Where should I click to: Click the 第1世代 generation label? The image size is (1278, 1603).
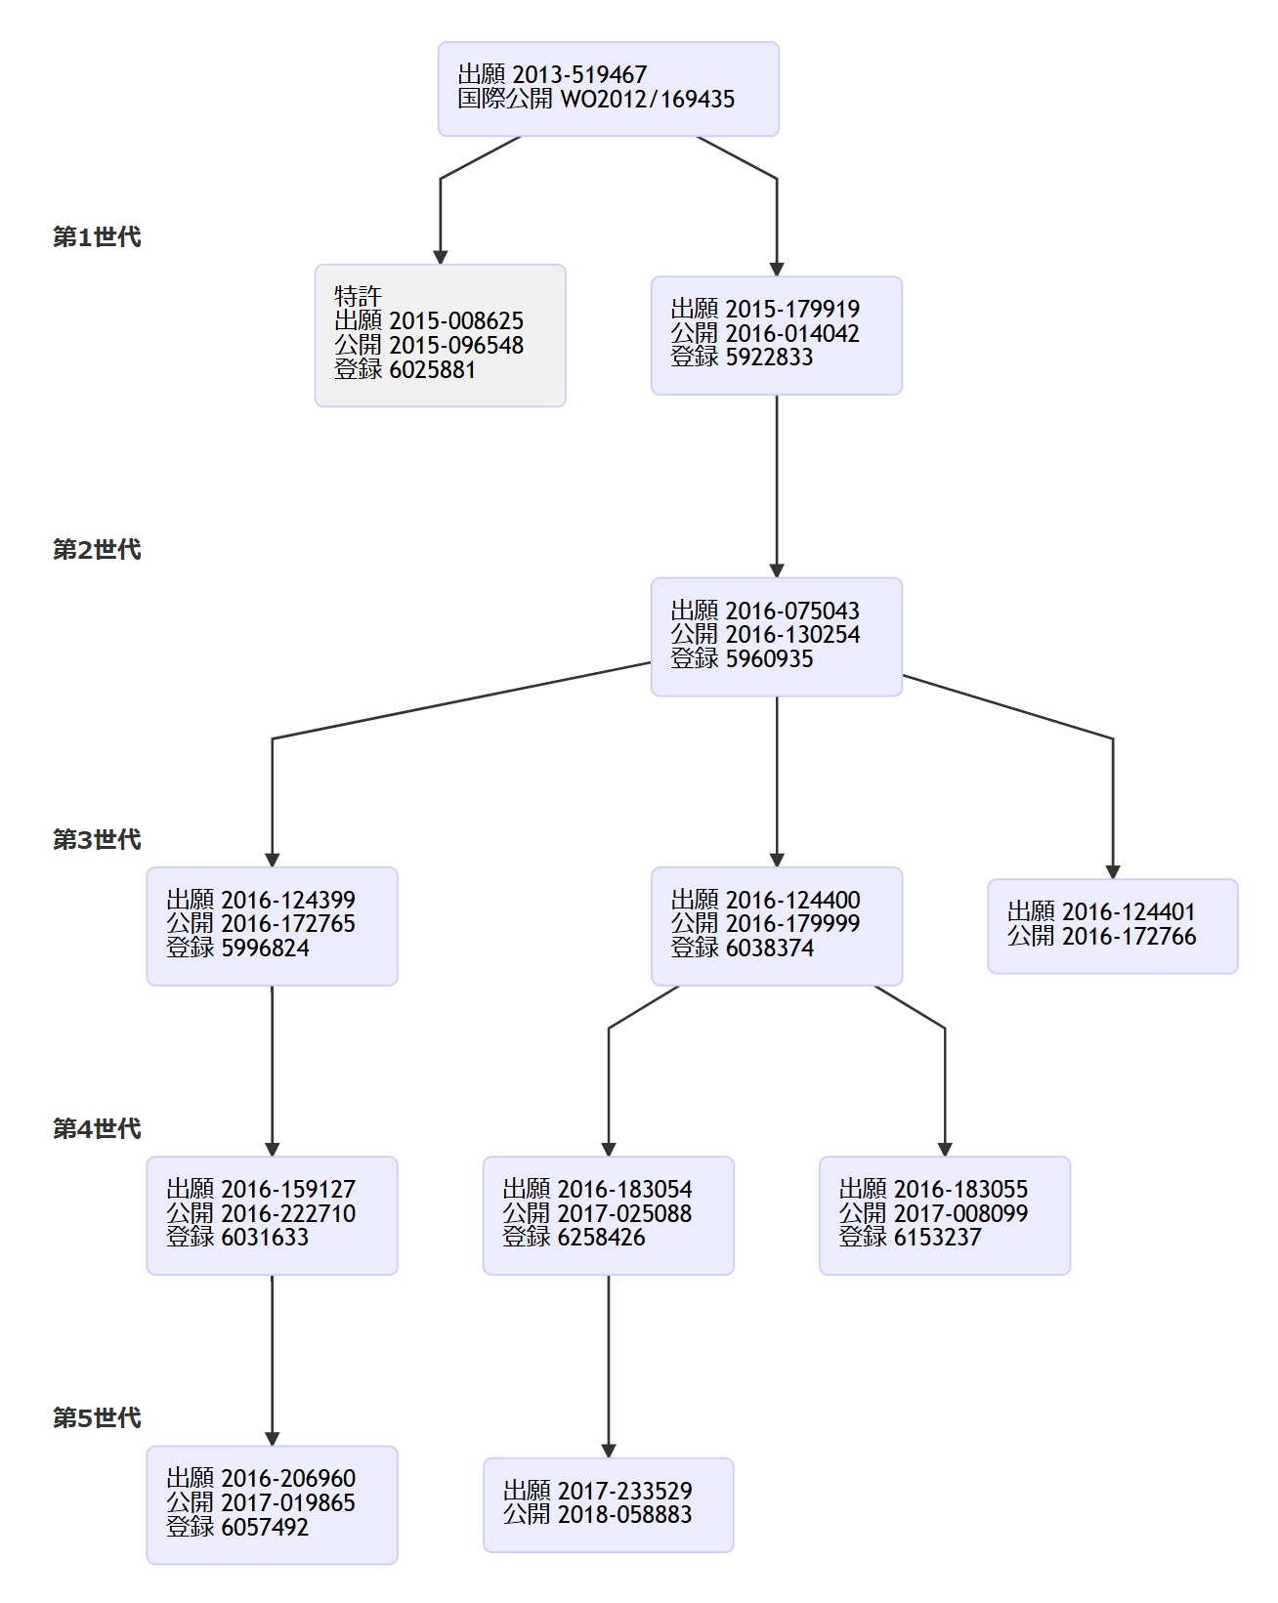pos(97,237)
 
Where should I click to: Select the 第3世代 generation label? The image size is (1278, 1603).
pos(97,840)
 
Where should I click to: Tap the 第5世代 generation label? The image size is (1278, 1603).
pos(97,1418)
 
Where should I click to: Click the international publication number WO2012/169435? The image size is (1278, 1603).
pos(647,100)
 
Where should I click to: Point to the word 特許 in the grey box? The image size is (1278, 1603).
pos(358,296)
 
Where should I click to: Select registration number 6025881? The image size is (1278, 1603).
pos(432,370)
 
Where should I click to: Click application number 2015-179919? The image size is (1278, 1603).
pos(792,310)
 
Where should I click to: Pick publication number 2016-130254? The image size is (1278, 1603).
pos(792,635)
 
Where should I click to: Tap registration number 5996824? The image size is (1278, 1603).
pos(265,949)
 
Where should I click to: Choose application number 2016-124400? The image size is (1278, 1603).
pos(792,901)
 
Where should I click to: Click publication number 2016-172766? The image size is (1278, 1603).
pos(1129,937)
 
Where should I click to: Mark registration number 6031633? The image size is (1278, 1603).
pos(265,1238)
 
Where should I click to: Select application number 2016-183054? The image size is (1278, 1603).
pos(624,1190)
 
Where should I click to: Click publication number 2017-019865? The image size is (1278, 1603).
pos(288,1503)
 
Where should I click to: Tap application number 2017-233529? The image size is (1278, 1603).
pos(624,1492)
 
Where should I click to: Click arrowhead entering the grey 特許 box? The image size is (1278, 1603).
pos(441,257)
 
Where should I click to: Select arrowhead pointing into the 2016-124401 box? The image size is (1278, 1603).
pos(1113,871)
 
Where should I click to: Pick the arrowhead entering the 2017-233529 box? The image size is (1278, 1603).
pos(609,1451)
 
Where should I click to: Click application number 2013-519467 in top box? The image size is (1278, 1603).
pos(579,75)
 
